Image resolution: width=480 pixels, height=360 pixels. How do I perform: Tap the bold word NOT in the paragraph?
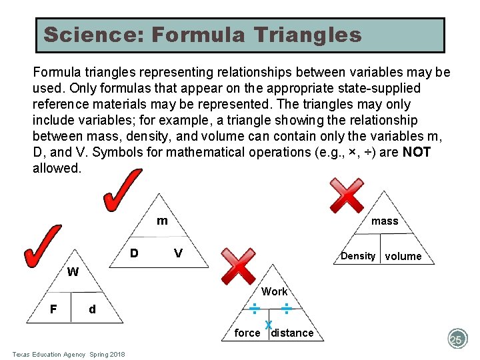click(x=417, y=152)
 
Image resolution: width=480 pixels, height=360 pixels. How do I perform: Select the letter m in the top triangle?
click(x=162, y=221)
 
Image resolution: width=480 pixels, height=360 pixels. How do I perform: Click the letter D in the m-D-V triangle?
click(x=134, y=253)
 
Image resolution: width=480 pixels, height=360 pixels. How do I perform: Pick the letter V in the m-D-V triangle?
click(x=178, y=253)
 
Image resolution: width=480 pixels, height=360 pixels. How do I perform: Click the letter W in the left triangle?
click(x=73, y=272)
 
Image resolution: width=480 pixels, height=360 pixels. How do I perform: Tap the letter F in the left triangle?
click(x=53, y=309)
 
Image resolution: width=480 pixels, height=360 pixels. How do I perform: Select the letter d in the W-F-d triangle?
click(x=92, y=309)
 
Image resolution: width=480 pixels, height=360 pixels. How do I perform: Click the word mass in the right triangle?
click(x=385, y=221)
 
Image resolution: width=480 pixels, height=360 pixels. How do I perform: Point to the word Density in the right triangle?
click(x=358, y=256)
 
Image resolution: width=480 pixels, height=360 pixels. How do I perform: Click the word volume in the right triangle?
click(x=403, y=257)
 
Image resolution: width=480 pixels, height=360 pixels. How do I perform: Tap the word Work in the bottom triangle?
click(x=275, y=291)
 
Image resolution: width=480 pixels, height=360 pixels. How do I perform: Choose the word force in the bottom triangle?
click(x=247, y=333)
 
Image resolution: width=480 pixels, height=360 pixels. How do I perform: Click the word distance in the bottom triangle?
click(x=293, y=333)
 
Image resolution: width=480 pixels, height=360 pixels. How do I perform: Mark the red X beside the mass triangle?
click(x=347, y=195)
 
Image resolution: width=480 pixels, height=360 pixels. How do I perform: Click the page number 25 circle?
click(x=457, y=339)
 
